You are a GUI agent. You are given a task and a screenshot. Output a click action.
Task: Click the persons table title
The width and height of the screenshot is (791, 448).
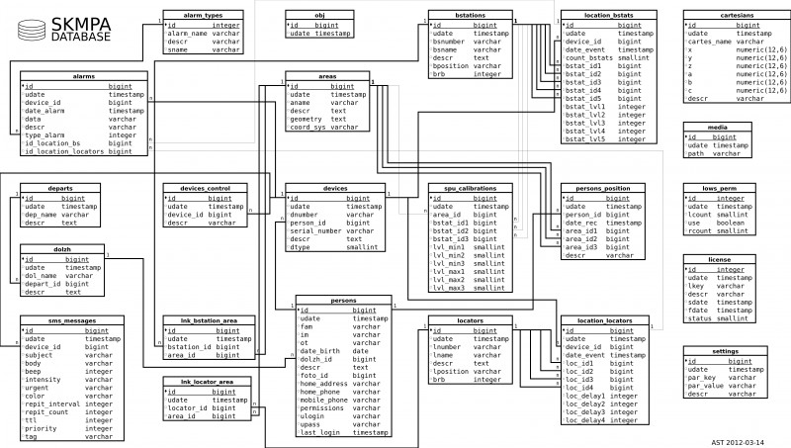[x=343, y=299]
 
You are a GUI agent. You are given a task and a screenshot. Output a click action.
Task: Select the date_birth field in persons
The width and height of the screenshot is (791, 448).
[x=318, y=351]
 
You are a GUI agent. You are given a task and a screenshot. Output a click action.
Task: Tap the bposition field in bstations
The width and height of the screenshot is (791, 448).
[x=452, y=66]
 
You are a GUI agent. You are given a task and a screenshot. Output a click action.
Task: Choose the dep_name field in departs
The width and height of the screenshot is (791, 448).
[x=41, y=215]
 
